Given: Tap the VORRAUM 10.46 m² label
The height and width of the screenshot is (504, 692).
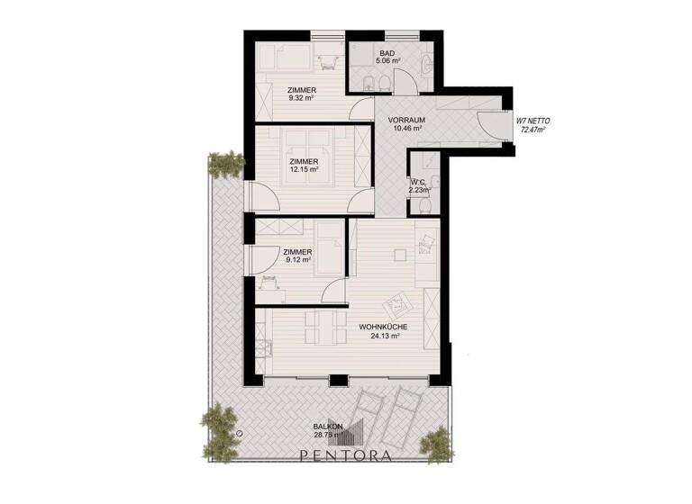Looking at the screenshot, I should coord(405,124).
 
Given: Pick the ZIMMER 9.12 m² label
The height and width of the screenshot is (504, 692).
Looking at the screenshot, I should coord(297,256).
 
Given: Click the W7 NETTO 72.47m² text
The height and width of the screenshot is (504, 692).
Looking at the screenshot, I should coord(533,125).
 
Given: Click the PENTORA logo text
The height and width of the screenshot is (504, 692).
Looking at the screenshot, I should coord(347,455).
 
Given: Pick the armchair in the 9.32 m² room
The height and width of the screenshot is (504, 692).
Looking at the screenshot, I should coord(328,58).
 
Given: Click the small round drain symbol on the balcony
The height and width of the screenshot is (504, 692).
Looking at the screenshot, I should coord(241,433).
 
